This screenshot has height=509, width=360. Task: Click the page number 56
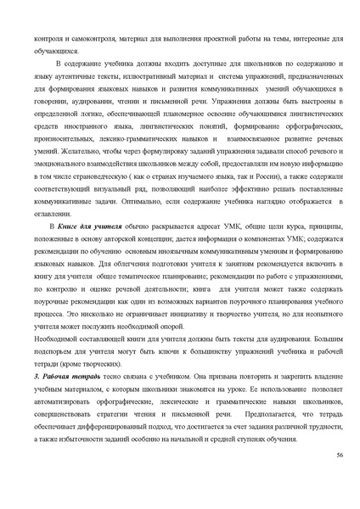tap(339, 455)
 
